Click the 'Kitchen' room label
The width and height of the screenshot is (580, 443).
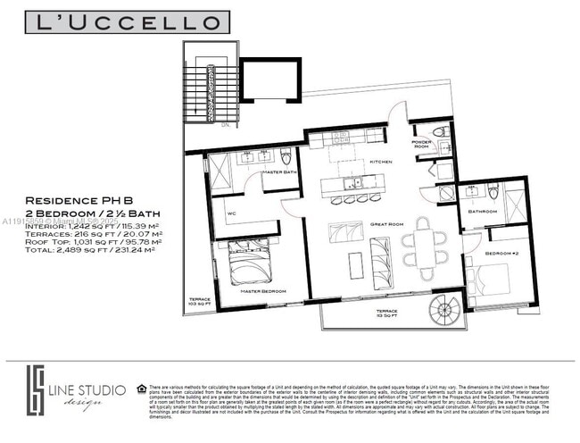(356, 162)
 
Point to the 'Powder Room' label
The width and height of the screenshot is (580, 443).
(421, 144)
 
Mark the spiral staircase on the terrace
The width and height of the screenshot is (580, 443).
(442, 313)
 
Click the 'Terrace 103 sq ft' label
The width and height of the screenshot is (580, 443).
(198, 302)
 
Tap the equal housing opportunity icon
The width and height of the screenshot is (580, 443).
(143, 389)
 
